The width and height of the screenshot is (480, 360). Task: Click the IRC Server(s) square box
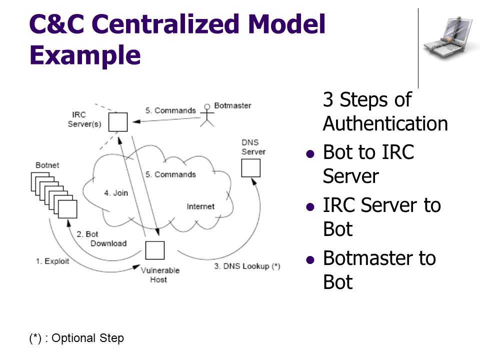pyautogui.click(x=118, y=122)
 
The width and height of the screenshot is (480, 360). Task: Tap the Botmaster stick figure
pyautogui.click(x=207, y=115)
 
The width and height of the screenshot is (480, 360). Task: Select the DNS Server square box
pyautogui.click(x=250, y=168)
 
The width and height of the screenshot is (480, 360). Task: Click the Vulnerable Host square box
pyautogui.click(x=154, y=250)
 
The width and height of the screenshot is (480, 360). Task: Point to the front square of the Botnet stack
pyautogui.click(x=67, y=209)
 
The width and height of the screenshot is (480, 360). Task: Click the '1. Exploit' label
pyautogui.click(x=52, y=261)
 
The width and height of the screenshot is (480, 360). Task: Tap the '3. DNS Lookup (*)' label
pyautogui.click(x=247, y=266)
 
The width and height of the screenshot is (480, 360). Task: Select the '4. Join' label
pyautogui.click(x=116, y=193)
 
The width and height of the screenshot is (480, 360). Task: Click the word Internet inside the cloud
pyautogui.click(x=200, y=206)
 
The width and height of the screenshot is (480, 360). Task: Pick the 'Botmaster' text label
pyautogui.click(x=232, y=105)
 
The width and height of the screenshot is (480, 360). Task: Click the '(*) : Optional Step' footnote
pyautogui.click(x=76, y=338)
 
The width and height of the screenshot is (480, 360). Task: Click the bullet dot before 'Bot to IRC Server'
pyautogui.click(x=310, y=153)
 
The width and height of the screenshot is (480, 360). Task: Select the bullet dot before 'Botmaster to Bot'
pyautogui.click(x=310, y=260)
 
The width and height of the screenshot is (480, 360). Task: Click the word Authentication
pyautogui.click(x=385, y=123)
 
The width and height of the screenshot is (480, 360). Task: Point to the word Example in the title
pyautogui.click(x=85, y=55)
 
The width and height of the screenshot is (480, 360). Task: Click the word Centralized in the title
pyautogui.click(x=165, y=23)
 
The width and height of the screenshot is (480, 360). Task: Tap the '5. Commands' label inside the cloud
pyautogui.click(x=170, y=174)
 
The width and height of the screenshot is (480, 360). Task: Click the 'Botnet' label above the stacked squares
pyautogui.click(x=47, y=165)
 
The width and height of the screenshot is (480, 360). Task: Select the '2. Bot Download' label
pyautogui.click(x=101, y=239)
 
